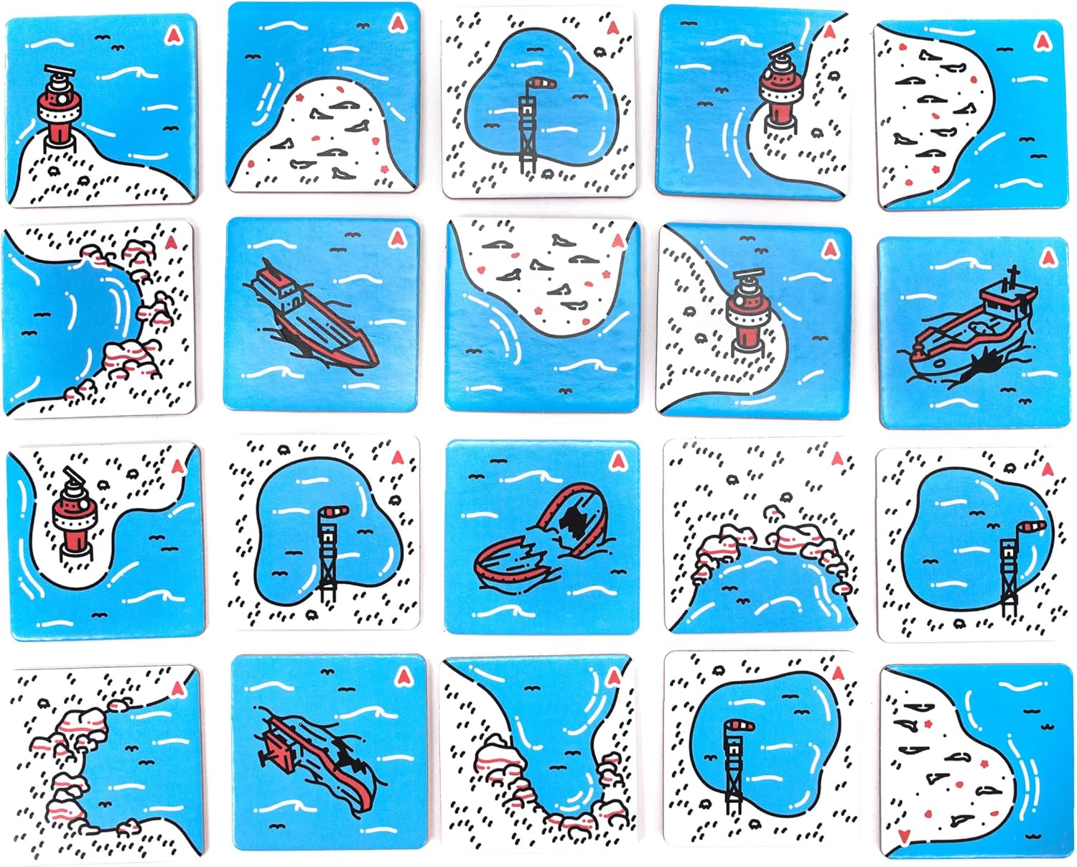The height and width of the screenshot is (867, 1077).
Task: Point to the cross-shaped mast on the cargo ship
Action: pyautogui.click(x=1013, y=276)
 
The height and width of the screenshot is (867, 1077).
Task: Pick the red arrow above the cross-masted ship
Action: pyautogui.click(x=1048, y=256)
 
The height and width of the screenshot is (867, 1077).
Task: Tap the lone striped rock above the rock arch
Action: pyautogui.click(x=773, y=512)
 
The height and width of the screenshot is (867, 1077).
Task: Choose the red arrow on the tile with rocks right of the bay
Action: pyautogui.click(x=171, y=243)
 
